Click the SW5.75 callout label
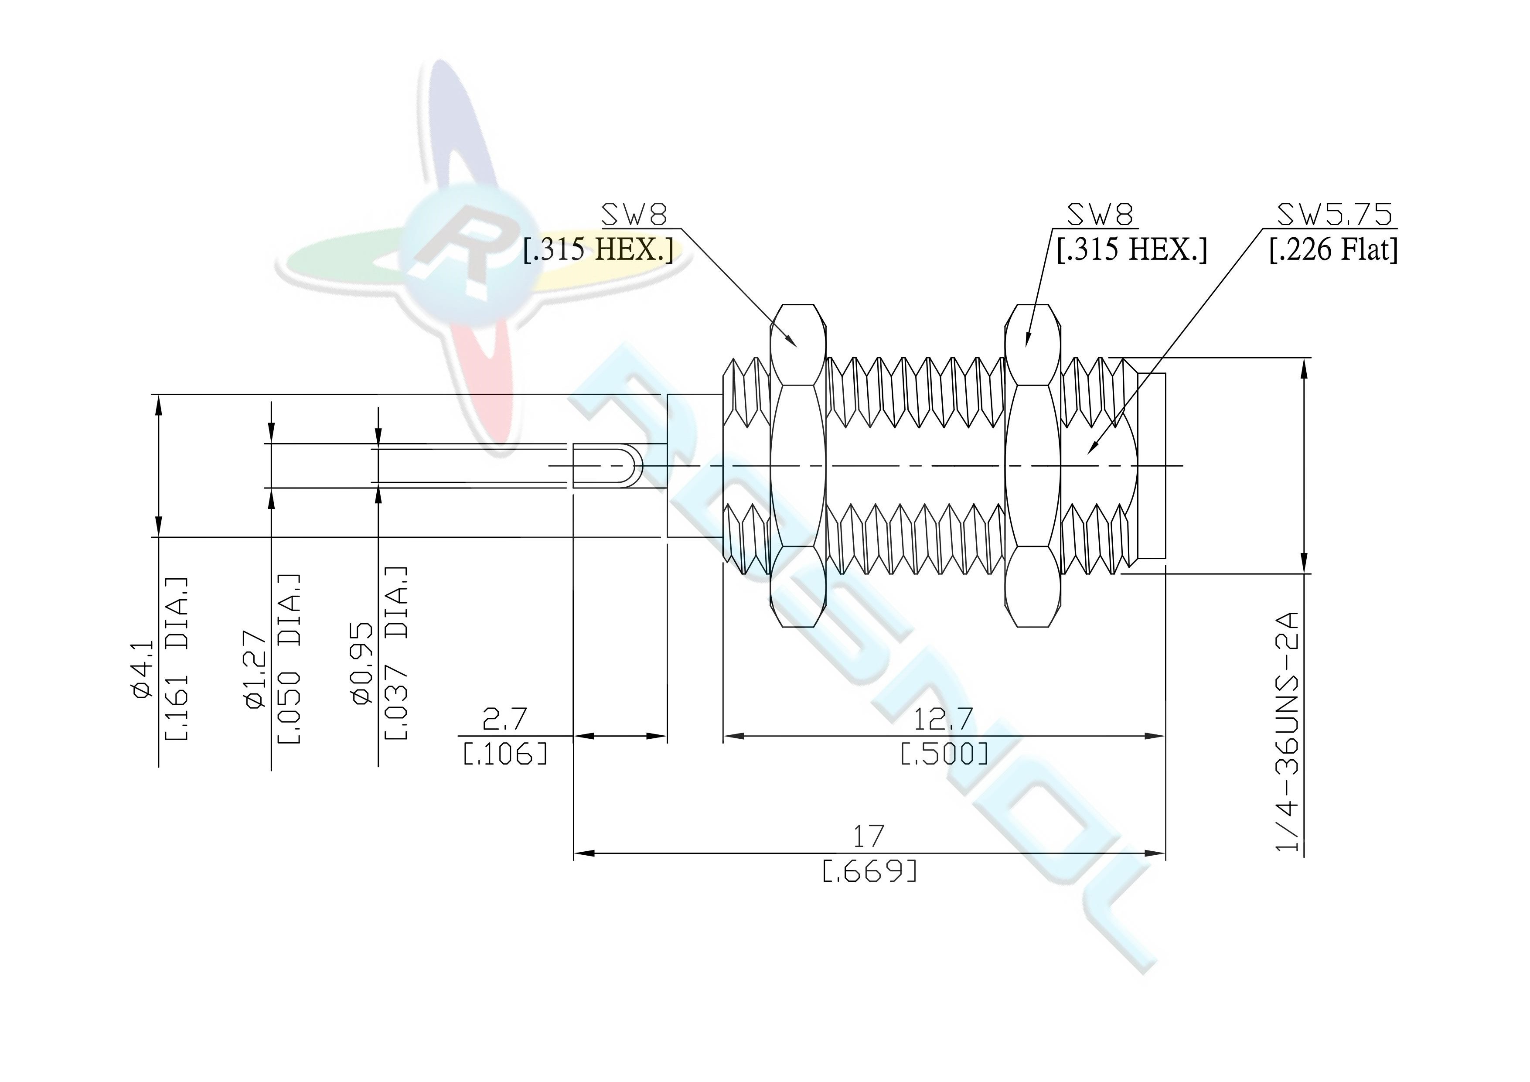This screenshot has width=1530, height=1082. [1334, 215]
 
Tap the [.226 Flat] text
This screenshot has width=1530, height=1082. [1333, 250]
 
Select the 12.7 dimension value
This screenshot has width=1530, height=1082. [944, 719]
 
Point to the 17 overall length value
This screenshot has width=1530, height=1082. [869, 836]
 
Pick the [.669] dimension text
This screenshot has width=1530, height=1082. [869, 870]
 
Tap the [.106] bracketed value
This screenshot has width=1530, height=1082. [505, 753]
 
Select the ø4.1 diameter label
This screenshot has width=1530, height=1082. [144, 669]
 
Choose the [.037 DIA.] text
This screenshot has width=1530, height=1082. [396, 653]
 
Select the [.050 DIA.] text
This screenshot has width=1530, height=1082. [289, 659]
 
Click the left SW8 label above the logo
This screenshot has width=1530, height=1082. [634, 215]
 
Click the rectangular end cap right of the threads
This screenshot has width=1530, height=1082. [1152, 465]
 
